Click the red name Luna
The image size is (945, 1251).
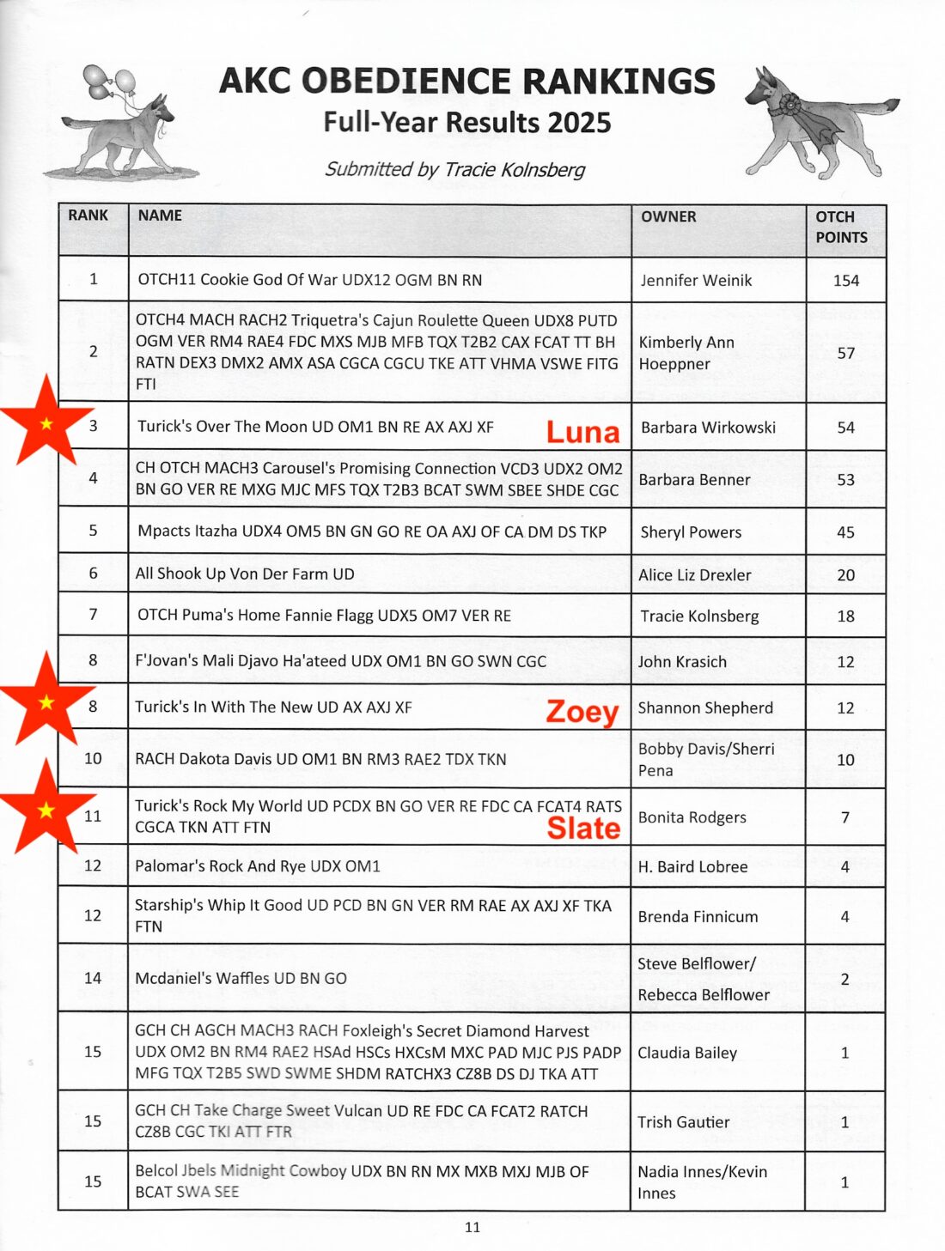tap(582, 432)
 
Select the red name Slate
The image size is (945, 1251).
tap(583, 828)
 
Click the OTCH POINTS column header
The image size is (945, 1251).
tap(841, 227)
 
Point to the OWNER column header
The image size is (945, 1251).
tap(668, 216)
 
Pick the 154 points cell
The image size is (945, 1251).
tap(845, 281)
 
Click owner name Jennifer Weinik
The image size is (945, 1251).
tap(696, 281)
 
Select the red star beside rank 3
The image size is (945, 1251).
tap(46, 422)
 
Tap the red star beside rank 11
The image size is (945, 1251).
tap(46, 810)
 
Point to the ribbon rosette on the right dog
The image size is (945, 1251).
tap(783, 108)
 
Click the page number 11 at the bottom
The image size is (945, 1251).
tap(472, 1227)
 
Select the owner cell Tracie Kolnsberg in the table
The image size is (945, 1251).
tap(699, 616)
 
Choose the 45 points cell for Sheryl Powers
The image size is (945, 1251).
tap(845, 532)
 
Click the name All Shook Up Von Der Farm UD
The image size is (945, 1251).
tap(245, 574)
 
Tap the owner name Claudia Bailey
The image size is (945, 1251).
tap(687, 1053)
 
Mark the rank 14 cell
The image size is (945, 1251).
tap(93, 978)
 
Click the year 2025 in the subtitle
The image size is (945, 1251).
tap(578, 123)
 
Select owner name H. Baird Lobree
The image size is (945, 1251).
tap(692, 866)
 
